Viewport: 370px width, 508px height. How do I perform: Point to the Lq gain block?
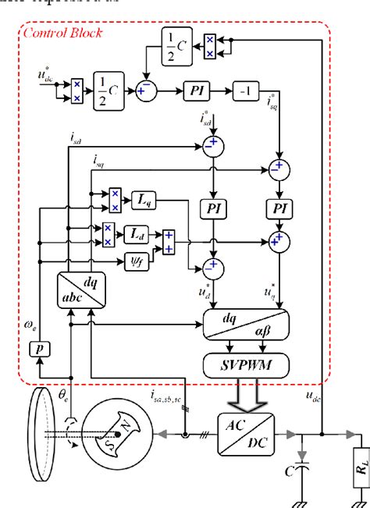tap(145, 201)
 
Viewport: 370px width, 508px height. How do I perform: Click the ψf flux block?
tap(136, 258)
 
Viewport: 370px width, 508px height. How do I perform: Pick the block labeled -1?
tap(246, 91)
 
